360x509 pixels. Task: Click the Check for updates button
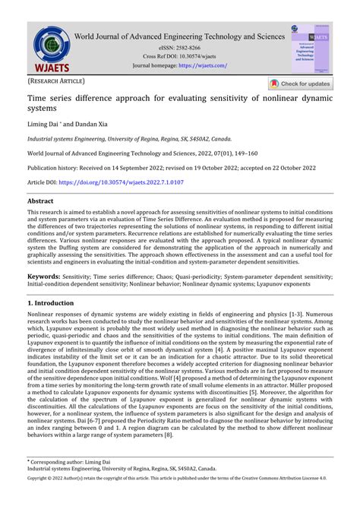click(x=301, y=84)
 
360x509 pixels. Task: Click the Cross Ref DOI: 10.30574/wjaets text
click(x=180, y=56)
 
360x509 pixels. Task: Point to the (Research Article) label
click(x=57, y=81)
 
